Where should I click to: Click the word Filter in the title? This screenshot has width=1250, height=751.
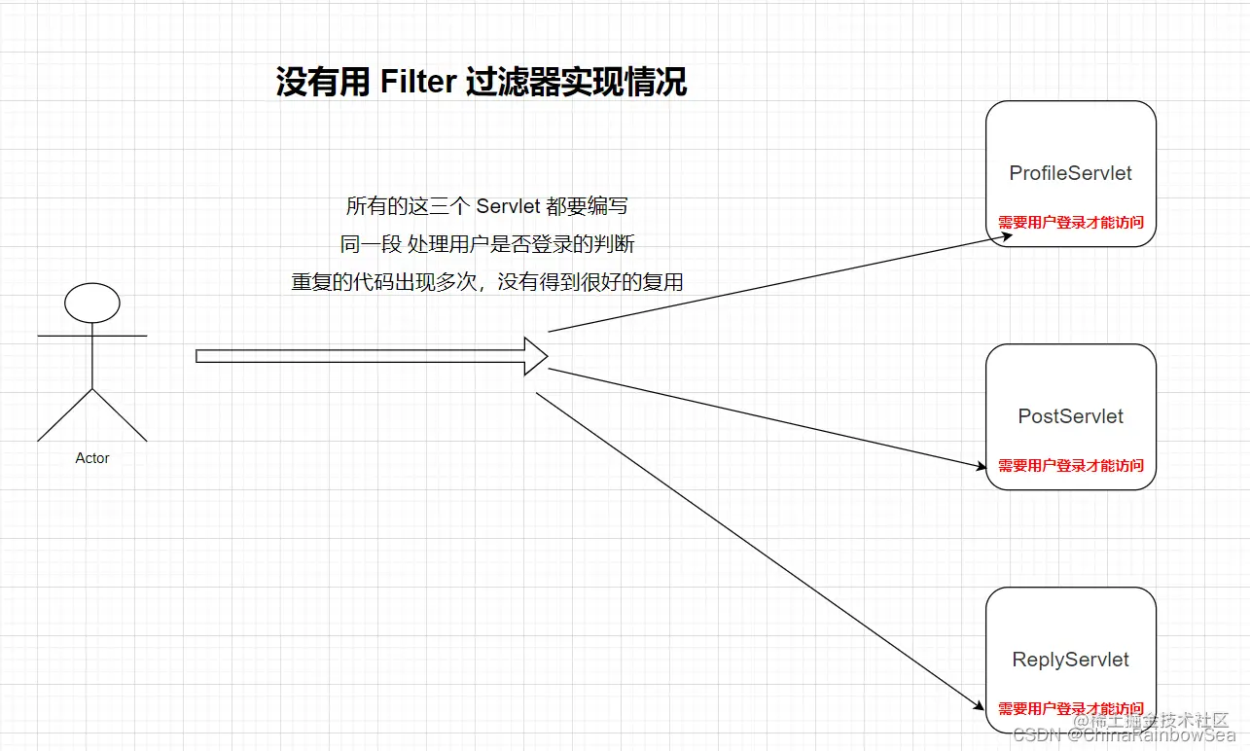pos(418,82)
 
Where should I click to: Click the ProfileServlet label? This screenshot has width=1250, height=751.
pos(1070,173)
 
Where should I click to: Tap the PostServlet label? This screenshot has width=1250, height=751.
pos(1070,416)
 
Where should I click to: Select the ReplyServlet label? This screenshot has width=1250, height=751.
pos(1070,660)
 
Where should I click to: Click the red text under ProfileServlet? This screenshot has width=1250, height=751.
pos(1070,223)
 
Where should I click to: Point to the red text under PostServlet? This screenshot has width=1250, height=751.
pos(1070,466)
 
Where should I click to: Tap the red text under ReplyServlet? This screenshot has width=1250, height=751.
pos(1070,709)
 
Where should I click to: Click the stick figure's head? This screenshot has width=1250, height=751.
pos(92,304)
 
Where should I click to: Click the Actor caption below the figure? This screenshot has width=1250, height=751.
pos(92,458)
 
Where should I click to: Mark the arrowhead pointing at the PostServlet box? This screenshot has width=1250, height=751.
pos(981,467)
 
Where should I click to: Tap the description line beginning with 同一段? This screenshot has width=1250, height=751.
pos(487,244)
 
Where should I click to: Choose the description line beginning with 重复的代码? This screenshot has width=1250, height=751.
pos(487,282)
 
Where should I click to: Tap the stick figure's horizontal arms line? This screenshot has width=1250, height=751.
pos(92,336)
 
